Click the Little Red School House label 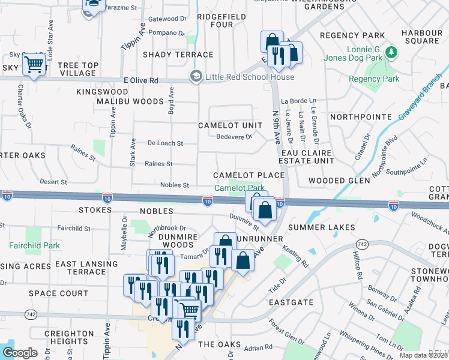pos(250,77)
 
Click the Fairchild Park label pos(34,245)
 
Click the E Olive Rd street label pos(140,80)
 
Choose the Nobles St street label pos(175,185)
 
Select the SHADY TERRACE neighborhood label pos(178,55)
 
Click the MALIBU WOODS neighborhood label pos(130,101)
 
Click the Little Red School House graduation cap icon pos(196,77)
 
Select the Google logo pos(20,352)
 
